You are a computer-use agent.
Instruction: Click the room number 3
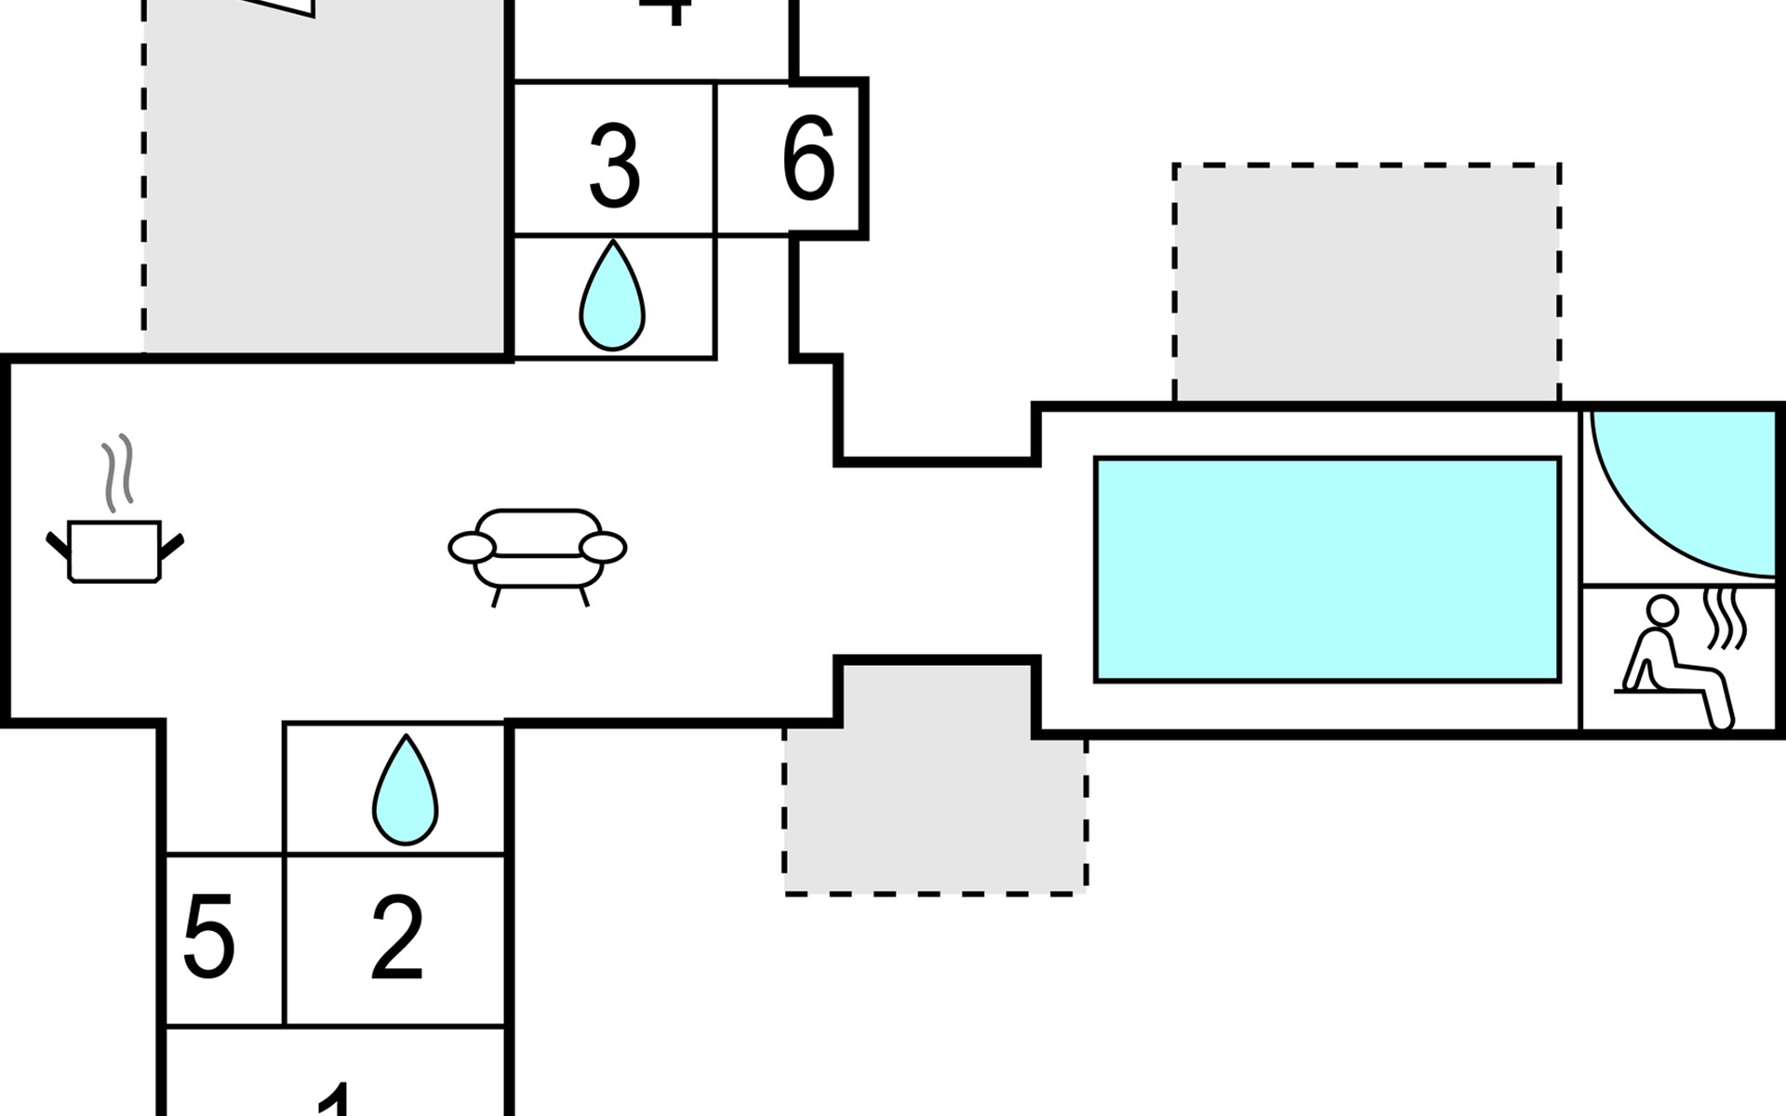(615, 167)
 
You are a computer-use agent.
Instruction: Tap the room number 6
(808, 159)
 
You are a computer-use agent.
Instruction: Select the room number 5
(208, 937)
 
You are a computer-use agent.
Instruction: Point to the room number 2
(397, 939)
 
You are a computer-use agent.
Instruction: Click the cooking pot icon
(115, 551)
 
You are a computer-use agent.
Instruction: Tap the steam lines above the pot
(118, 472)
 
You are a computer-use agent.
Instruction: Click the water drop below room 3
(612, 298)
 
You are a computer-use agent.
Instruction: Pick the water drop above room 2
(406, 792)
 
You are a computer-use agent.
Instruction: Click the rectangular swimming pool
(1327, 569)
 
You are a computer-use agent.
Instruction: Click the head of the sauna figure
(1661, 611)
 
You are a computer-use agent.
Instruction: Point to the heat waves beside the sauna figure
(1725, 619)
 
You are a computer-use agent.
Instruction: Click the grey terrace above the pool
(1366, 284)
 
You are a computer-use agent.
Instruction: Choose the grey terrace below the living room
(935, 800)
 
